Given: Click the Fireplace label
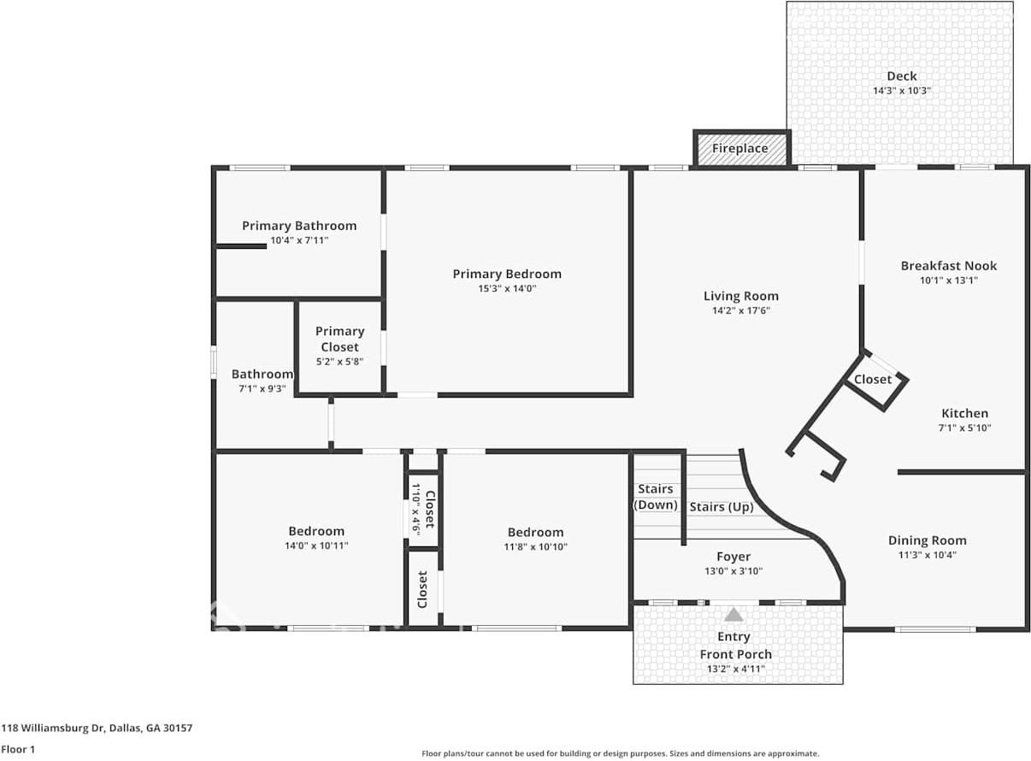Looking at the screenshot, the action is tap(740, 148).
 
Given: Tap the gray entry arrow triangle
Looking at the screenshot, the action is tap(733, 615).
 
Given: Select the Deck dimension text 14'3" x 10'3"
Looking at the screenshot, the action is tap(902, 91).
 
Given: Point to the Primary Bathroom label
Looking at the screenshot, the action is tap(299, 226).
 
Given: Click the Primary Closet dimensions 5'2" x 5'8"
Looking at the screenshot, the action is tap(339, 362).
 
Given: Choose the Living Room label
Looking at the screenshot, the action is tap(741, 296).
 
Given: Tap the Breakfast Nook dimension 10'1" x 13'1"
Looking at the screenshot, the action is tap(949, 280).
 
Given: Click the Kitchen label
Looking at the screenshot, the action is tap(965, 413).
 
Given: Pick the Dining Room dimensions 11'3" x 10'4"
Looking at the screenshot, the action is tap(928, 555).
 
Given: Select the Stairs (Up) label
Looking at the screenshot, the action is tap(722, 507).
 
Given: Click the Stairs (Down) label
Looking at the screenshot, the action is tap(656, 497).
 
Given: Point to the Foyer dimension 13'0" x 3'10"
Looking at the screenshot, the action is tap(733, 571).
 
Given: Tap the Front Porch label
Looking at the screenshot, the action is tap(736, 654).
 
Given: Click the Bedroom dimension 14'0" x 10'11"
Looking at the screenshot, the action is tap(316, 546).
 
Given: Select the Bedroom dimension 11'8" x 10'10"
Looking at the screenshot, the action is tap(535, 546).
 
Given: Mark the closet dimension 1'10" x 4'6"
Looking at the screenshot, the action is tap(415, 510).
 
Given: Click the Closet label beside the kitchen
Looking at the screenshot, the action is tap(873, 380).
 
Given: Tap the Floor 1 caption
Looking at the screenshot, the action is tap(18, 749).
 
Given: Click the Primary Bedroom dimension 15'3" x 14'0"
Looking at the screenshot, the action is tap(507, 289).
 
